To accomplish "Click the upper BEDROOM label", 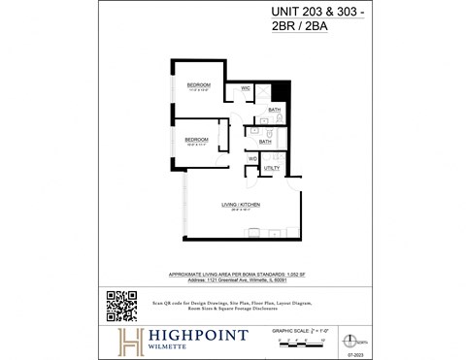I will (x=199, y=85).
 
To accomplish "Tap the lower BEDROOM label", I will (x=197, y=140).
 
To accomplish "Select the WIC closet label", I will (x=247, y=87).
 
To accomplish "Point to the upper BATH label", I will (x=275, y=110).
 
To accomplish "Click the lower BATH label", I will (x=265, y=142).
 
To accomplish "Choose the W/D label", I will (x=251, y=158).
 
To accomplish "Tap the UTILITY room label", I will (x=272, y=168).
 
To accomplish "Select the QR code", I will (x=121, y=306).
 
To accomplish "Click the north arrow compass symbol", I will (x=359, y=342).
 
